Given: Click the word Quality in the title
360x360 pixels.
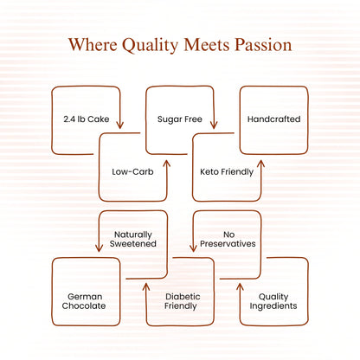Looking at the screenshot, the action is tap(151, 45).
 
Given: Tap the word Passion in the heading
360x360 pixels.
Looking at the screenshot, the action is tap(263, 45).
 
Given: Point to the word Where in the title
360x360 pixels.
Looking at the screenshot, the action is tap(93, 45).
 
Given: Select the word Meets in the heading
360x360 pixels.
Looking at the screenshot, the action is tap(207, 45).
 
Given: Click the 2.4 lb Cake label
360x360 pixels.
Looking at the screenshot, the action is tap(87, 119).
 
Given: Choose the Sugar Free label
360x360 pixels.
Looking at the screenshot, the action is tap(180, 119).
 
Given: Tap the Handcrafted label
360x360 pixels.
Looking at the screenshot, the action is tap(274, 119).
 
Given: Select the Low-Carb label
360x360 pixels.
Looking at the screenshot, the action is tap(132, 172).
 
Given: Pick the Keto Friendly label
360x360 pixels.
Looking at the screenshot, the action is tap(227, 172).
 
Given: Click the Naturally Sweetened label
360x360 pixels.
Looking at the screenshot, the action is tap(133, 239).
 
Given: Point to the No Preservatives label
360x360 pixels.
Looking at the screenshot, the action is tap(228, 239).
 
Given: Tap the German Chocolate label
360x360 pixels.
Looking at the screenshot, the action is tap(84, 301).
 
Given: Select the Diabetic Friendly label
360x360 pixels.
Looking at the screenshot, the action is tap(182, 301).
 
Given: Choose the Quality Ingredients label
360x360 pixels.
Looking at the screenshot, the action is tap(273, 301).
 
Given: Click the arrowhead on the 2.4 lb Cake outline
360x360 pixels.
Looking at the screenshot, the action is tap(119, 125).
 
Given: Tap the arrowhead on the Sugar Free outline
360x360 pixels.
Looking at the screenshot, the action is tap(214, 125).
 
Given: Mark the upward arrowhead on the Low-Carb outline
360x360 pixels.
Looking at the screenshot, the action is tap(167, 164).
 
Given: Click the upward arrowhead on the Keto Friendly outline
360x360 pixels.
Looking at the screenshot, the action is tap(260, 164).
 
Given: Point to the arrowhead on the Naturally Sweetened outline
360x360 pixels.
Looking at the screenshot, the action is tap(99, 247).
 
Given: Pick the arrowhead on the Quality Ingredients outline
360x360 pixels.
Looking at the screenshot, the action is tap(240, 286).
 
